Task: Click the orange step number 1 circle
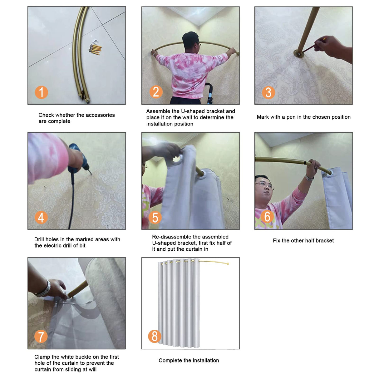pyautogui.click(x=41, y=92)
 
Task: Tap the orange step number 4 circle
pyautogui.click(x=41, y=217)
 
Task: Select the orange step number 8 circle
pyautogui.click(x=155, y=336)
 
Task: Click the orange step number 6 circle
pyautogui.click(x=267, y=216)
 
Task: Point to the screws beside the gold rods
pyautogui.click(x=96, y=49)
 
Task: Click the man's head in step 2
pyautogui.click(x=190, y=41)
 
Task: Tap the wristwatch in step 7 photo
pyautogui.click(x=44, y=289)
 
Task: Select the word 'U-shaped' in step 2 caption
pyautogui.click(x=193, y=111)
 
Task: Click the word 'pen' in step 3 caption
pyautogui.click(x=291, y=117)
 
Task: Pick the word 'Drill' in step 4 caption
pyautogui.click(x=39, y=239)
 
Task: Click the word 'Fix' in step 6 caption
pyautogui.click(x=276, y=241)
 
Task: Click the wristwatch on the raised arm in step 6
pyautogui.click(x=309, y=178)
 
